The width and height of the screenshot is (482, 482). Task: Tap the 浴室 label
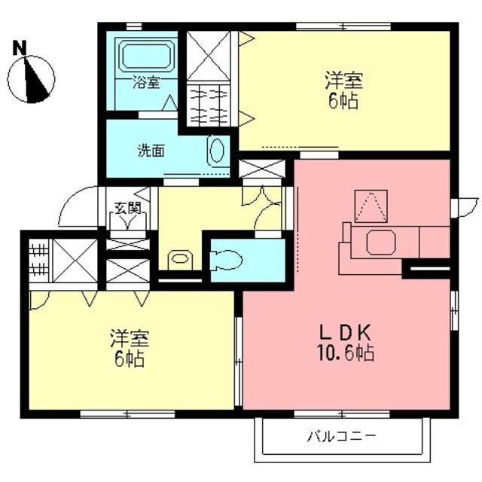pos(146,82)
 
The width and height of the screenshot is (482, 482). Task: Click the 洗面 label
pos(151,151)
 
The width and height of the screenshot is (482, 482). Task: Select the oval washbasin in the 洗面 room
pos(216,151)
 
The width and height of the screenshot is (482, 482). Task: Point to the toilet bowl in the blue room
pos(226,261)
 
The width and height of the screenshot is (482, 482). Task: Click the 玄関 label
pos(127,208)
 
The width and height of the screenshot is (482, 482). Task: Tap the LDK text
pos(346,332)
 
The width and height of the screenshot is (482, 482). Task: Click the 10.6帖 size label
pos(346,352)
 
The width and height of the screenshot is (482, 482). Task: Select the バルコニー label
pos(341,437)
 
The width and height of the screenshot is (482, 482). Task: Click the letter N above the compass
pos(20,48)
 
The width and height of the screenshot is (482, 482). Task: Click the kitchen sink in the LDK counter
pos(381,243)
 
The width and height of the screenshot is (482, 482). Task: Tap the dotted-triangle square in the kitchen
pos(371,206)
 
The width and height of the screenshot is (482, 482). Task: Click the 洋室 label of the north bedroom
pos(344,81)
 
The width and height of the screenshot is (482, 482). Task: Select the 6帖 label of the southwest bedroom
pos(130,358)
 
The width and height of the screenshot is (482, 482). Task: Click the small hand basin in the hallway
pos(180,260)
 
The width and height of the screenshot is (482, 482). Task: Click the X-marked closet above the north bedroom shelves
pos(209,56)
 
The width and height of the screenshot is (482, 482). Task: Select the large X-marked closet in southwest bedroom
pos(75,261)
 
